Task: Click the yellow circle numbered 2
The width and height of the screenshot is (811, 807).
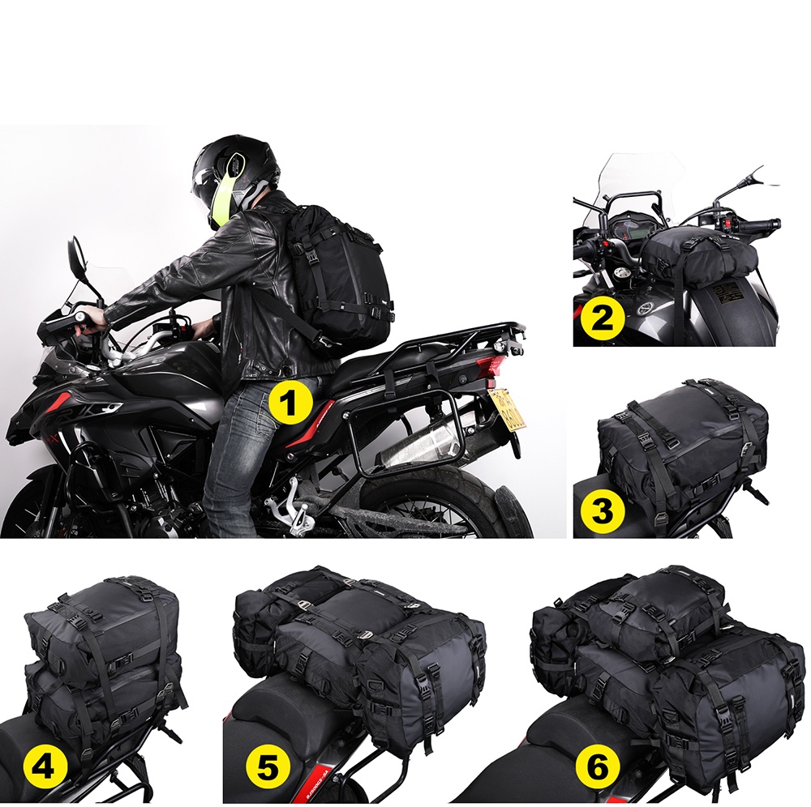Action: [x=599, y=318]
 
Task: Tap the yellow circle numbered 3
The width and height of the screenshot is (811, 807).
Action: [x=602, y=509]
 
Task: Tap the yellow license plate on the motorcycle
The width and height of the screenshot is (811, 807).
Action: [x=507, y=410]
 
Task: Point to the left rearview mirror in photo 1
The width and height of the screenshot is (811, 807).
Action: [x=75, y=255]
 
